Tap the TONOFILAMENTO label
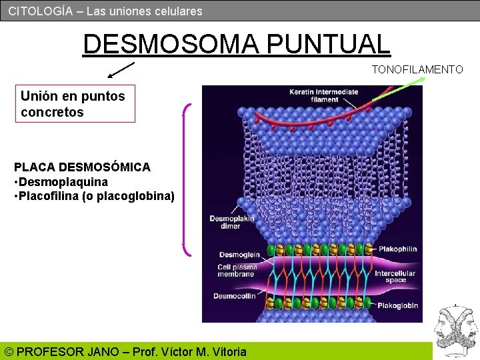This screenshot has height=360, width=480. coord(417,69)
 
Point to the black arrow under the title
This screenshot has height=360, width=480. coord(120,70)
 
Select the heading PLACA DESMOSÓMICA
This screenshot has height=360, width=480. coord(82,167)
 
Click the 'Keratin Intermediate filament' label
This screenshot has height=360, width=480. coord(323,95)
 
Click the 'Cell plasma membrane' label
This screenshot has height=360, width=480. coord(237,271)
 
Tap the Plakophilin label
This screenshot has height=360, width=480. coord(397,249)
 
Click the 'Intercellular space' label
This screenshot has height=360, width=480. coord(395,277)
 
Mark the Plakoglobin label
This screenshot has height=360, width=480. coord(398,305)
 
